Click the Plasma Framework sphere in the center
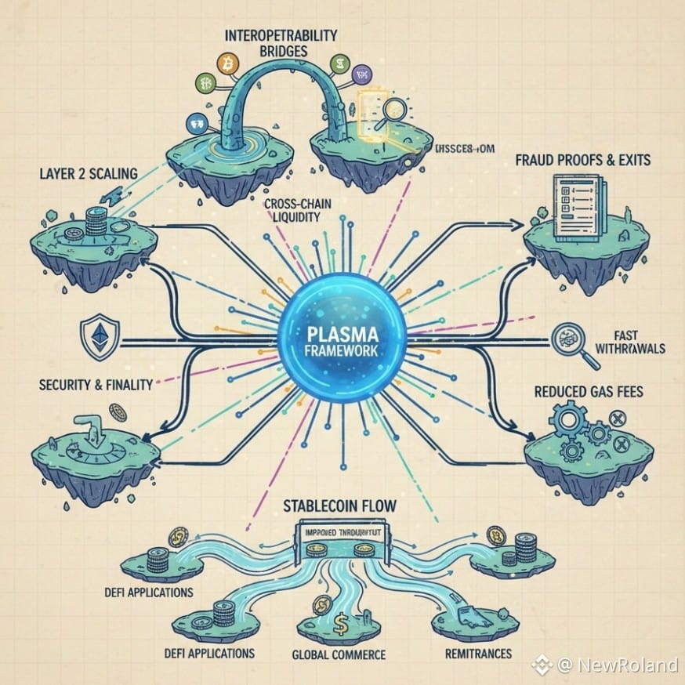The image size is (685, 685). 342,342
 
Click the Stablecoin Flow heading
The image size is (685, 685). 339,506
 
